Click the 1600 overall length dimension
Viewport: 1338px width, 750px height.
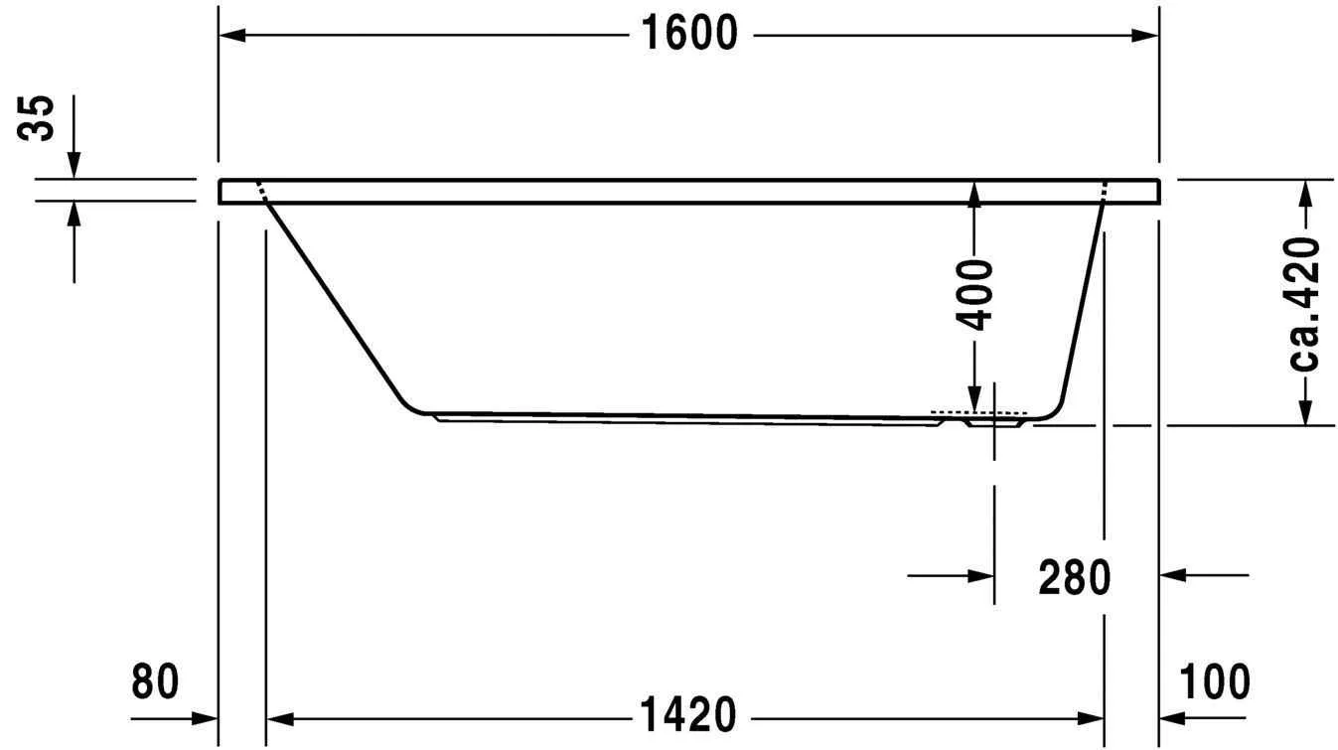[x=689, y=35]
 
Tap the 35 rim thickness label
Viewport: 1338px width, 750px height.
[x=40, y=119]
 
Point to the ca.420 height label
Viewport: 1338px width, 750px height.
[x=1304, y=303]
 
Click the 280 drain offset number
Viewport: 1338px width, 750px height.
[x=1074, y=576]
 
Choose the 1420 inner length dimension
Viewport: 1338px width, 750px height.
[x=687, y=715]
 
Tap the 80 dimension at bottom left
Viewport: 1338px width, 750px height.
[x=155, y=682]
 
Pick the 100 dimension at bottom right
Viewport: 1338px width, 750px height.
[x=1215, y=682]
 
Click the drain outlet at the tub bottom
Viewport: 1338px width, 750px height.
[x=994, y=420]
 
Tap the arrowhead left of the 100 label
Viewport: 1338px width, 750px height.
[x=1173, y=716]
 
